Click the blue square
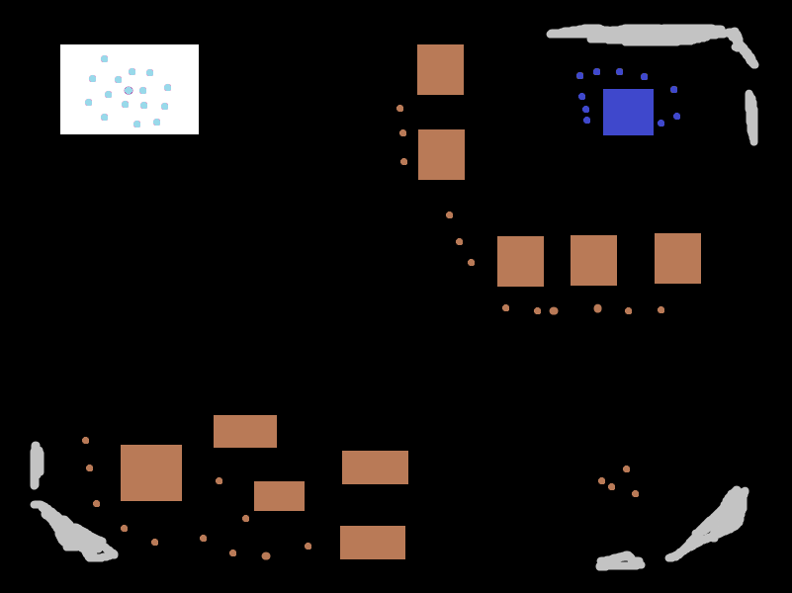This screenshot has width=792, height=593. pos(628,112)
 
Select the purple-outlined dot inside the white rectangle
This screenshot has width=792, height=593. pos(129,90)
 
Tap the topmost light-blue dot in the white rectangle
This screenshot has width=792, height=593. pos(104,58)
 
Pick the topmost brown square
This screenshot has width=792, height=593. pos(440,69)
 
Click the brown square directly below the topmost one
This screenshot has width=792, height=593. pos(441,154)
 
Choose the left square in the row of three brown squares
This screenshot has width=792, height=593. pos(520,261)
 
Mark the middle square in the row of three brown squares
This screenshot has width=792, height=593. pos(593,260)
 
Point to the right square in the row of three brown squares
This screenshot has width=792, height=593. pos(677,258)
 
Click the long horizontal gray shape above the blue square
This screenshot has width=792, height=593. pos(643,35)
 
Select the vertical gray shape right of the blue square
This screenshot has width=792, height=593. pos(751,117)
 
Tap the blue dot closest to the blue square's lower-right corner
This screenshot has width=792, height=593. pos(661,123)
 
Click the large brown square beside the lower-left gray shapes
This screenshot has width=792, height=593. pos(151,472)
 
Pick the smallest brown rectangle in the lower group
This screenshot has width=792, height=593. pos(279,495)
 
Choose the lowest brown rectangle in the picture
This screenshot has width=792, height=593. pos(373,542)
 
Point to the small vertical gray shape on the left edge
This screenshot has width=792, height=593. pos(37,465)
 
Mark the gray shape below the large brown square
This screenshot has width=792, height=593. pos(74,534)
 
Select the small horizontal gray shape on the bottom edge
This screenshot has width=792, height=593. pos(620,562)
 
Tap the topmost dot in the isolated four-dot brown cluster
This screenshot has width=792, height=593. pos(626,468)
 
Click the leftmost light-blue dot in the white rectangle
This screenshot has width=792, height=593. pos(88,102)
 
